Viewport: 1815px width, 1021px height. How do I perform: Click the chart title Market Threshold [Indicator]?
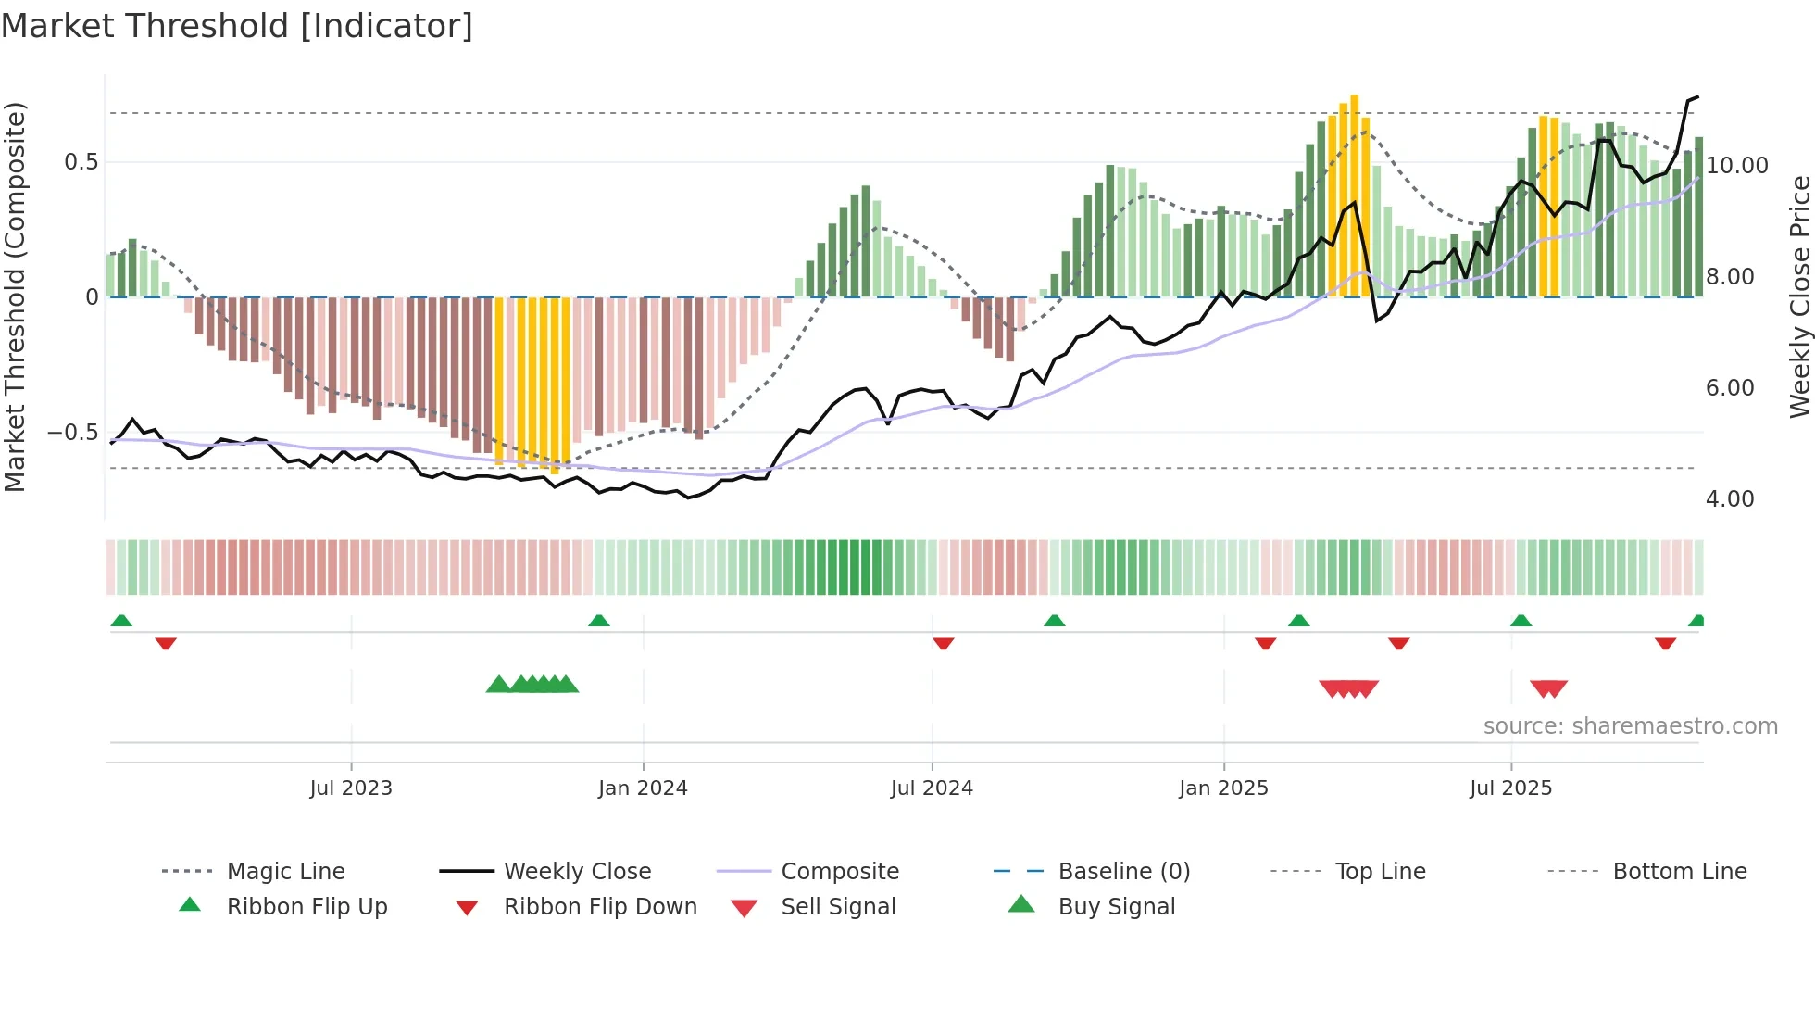237,26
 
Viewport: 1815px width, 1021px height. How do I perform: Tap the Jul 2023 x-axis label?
350,788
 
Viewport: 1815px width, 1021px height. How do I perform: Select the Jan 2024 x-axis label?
643,788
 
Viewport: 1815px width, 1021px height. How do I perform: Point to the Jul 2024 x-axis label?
932,788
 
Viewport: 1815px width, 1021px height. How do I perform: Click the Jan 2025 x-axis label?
1223,788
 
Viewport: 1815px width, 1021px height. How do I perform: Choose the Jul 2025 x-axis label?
1510,788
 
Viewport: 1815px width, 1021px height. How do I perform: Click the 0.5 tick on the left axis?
81,162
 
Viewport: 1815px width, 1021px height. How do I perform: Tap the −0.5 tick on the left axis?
72,433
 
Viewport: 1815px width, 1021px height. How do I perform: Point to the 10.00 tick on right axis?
1737,166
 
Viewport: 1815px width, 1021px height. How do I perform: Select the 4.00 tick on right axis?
1730,499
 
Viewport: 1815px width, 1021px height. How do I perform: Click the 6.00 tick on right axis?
1730,388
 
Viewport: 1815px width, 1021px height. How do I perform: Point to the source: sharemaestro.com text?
1630,726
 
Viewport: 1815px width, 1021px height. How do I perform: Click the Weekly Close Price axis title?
1799,296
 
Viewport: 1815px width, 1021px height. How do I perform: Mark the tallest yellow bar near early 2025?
1354,195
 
